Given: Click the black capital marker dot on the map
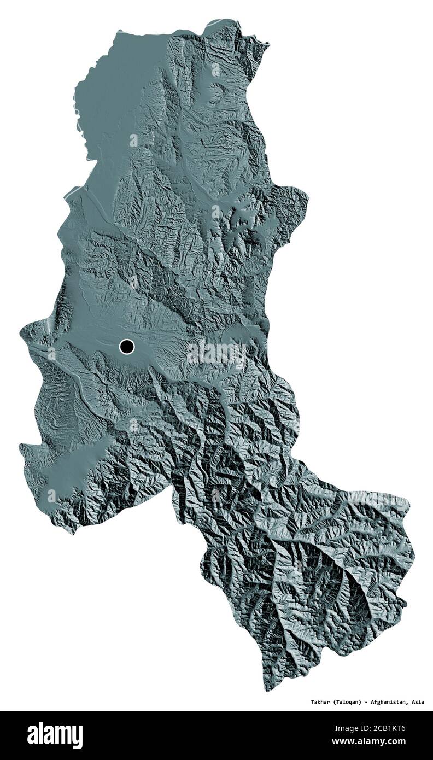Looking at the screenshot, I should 126,346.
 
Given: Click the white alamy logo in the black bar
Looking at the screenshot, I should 55,735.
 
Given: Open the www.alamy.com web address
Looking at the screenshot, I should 388,742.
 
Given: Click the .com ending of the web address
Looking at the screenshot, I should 416,742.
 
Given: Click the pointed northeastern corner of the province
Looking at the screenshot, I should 268,44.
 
